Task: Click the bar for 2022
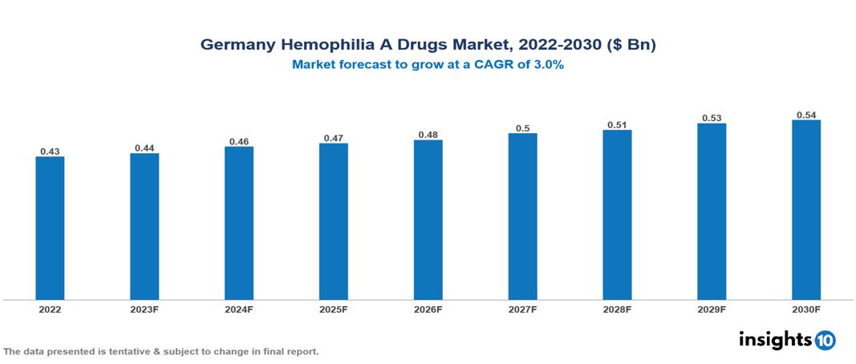click(x=50, y=228)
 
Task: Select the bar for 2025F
click(x=333, y=221)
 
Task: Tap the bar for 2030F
click(x=806, y=209)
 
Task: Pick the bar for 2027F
click(x=522, y=216)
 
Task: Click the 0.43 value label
click(x=50, y=151)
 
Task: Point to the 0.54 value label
click(x=806, y=115)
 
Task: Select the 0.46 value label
click(x=239, y=141)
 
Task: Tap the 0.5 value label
click(x=522, y=127)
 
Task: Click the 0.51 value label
click(x=617, y=124)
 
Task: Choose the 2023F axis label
click(x=144, y=309)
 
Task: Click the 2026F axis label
click(x=428, y=309)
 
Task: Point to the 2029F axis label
click(x=712, y=309)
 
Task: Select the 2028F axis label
click(x=617, y=309)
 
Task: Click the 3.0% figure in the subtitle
click(x=546, y=65)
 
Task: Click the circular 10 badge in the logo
click(x=825, y=340)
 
